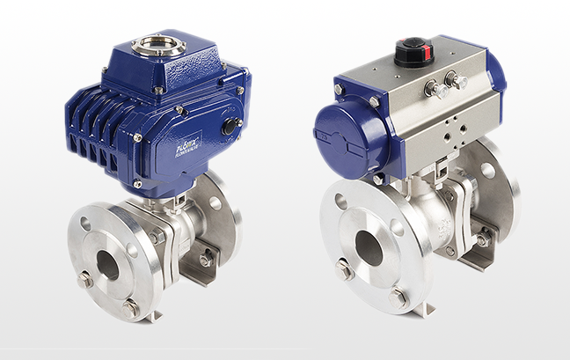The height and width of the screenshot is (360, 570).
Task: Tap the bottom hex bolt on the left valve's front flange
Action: coord(131,307)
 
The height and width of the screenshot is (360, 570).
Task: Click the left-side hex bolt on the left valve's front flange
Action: coord(85,280)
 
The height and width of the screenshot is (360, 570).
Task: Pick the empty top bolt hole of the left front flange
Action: coord(86,224)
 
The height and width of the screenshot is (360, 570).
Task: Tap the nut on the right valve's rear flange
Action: coord(483,238)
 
